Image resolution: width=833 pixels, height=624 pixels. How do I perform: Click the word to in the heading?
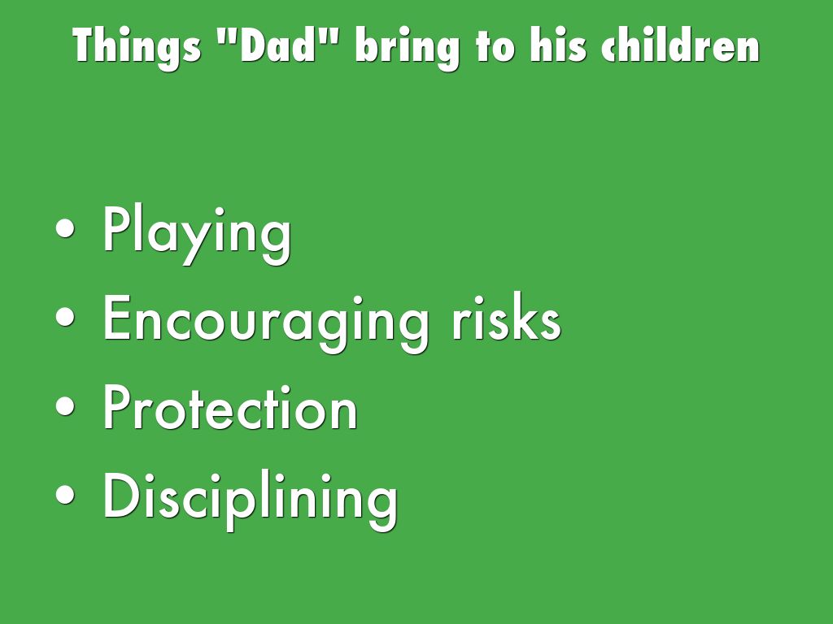(x=495, y=46)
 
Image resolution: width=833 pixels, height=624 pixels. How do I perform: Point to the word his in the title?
(x=558, y=45)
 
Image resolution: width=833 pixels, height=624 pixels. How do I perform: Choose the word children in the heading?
(x=681, y=45)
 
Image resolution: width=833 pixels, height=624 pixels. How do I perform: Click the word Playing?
(x=197, y=234)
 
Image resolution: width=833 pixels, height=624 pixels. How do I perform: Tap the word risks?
(x=506, y=316)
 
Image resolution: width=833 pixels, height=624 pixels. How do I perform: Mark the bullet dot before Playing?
(x=65, y=228)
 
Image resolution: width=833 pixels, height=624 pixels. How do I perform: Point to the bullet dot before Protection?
(x=65, y=406)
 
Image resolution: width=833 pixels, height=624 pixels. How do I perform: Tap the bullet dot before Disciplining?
(x=65, y=495)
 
